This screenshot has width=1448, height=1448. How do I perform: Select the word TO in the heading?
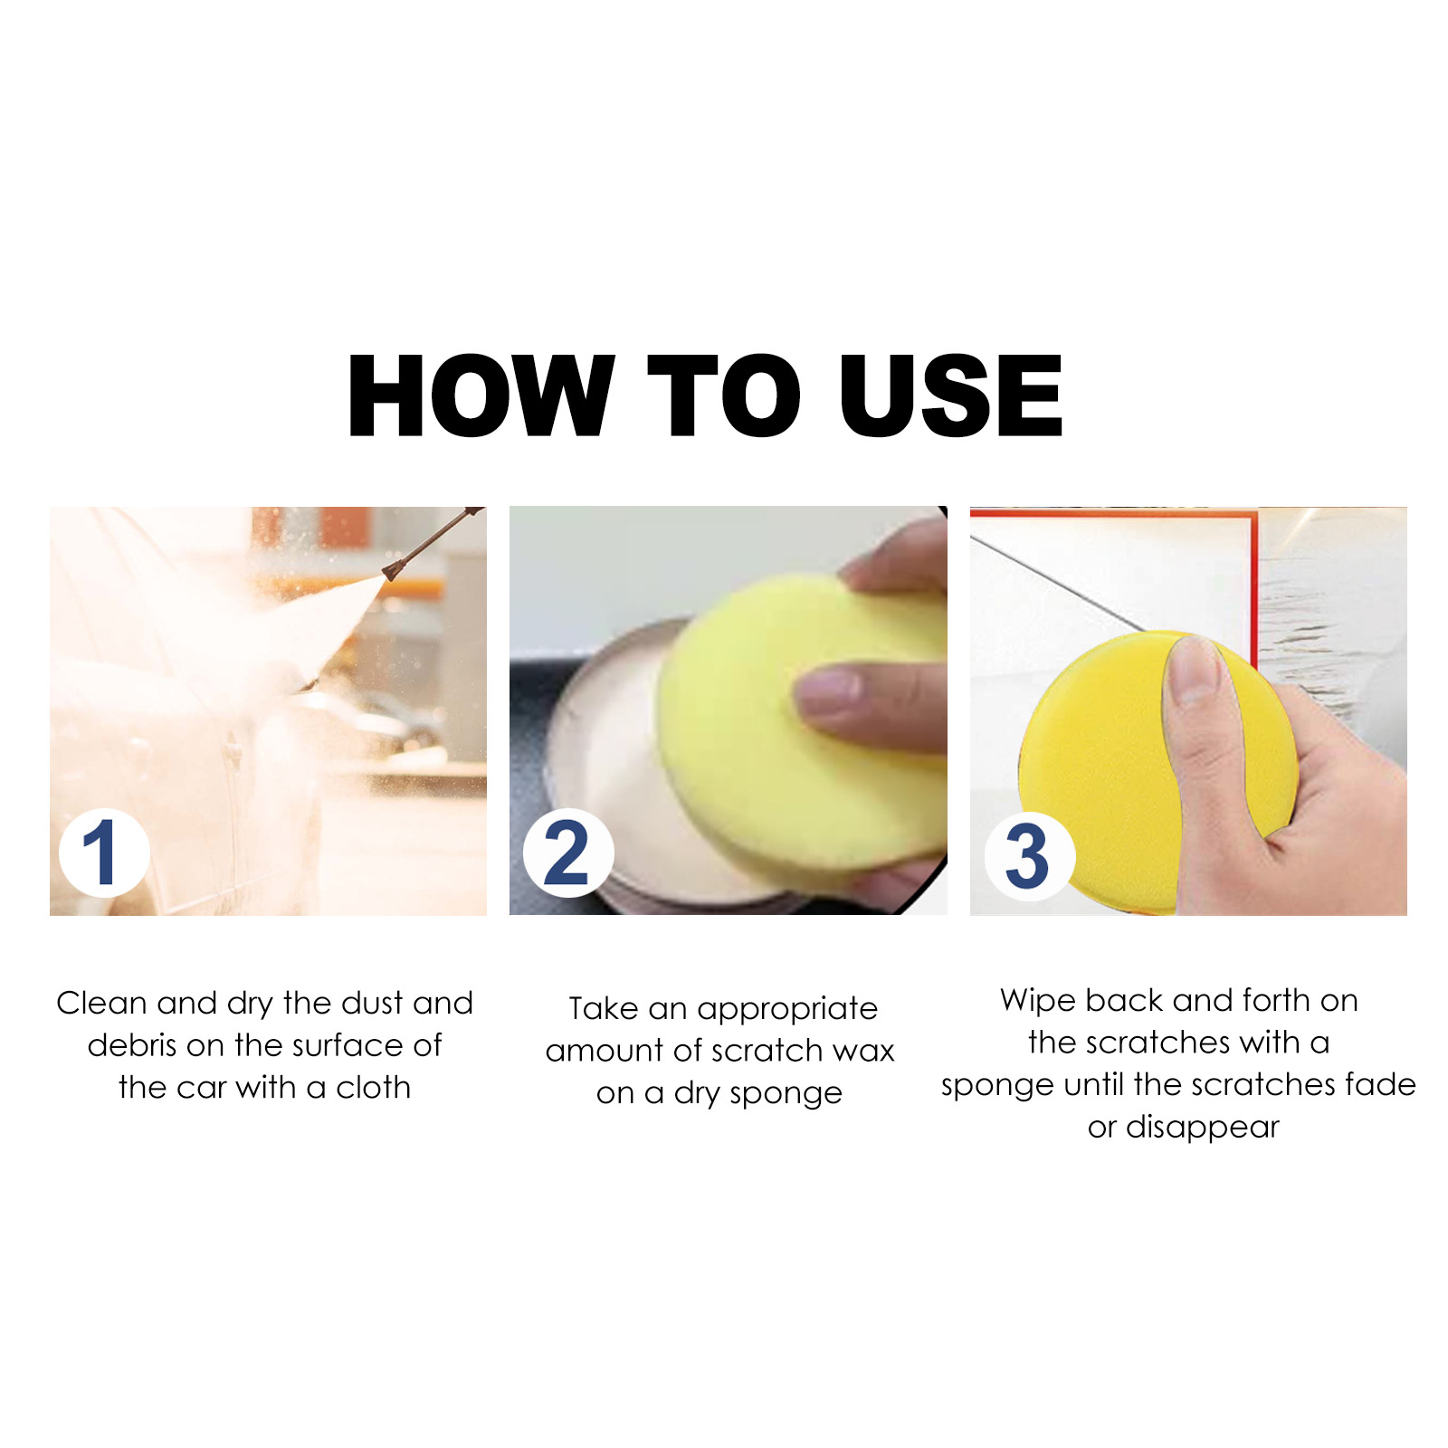point(724,395)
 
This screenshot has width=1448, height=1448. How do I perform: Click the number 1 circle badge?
point(102,853)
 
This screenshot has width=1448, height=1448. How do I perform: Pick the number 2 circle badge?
point(567,853)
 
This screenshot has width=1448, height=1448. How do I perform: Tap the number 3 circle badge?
point(1028,856)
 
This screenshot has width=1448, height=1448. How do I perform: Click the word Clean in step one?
point(101,1003)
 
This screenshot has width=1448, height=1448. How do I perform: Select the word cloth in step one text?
point(373,1087)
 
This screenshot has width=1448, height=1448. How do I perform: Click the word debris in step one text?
point(131,1045)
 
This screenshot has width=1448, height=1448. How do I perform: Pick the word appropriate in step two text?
point(786,1009)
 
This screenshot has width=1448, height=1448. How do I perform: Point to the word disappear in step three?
point(1202,1127)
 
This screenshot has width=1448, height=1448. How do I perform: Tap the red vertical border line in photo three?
point(1253,579)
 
